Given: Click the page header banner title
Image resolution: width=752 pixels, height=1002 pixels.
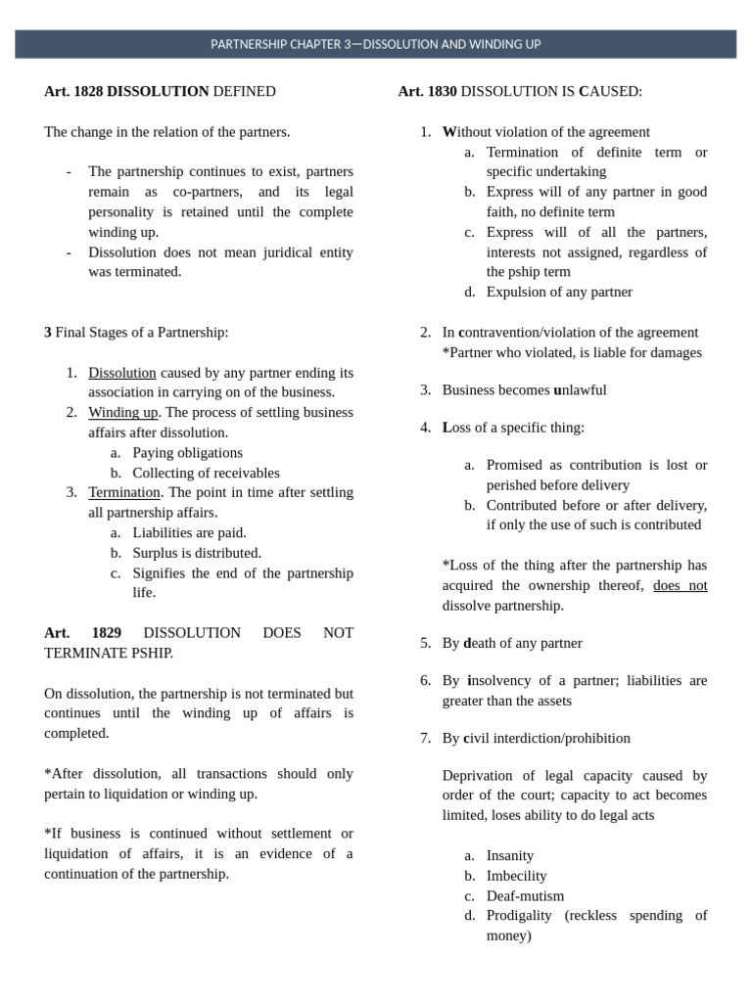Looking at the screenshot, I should click(376, 44).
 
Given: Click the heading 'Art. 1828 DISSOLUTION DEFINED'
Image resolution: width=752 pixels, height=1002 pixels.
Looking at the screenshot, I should click(160, 91).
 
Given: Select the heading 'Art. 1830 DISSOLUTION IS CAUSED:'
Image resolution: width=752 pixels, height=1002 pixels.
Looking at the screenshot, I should click(520, 91).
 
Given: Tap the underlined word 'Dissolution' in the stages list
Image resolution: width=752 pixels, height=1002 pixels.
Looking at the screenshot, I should click(122, 373).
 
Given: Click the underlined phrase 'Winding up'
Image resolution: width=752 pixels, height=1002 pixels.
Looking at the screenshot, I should click(123, 413).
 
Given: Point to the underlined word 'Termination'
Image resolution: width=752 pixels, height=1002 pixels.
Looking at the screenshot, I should click(124, 492).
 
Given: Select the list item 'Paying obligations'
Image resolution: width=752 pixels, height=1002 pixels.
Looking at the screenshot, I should click(187, 453).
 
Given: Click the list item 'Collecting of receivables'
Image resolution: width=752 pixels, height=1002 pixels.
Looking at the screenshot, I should click(206, 473).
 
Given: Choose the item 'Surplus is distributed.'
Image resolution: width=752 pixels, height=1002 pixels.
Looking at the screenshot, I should click(197, 553).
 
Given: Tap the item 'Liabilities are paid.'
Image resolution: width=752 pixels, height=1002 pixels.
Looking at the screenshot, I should click(189, 532).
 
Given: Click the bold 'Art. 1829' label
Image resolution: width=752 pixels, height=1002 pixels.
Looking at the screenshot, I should click(83, 633).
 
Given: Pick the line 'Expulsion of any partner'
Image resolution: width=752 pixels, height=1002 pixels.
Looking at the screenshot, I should click(559, 292).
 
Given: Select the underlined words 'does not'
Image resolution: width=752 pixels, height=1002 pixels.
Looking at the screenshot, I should click(680, 585).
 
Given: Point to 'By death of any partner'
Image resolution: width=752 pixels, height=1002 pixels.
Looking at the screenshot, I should click(512, 643).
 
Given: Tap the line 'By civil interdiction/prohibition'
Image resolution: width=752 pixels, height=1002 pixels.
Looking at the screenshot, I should click(536, 738).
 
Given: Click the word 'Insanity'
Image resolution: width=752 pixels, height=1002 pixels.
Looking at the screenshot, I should click(510, 855).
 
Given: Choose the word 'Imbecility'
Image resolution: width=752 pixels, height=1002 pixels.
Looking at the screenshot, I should click(516, 876).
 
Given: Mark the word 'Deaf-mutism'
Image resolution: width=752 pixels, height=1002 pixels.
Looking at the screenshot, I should click(525, 895).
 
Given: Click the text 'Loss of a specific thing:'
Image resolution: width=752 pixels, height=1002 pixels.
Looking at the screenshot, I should click(515, 428).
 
